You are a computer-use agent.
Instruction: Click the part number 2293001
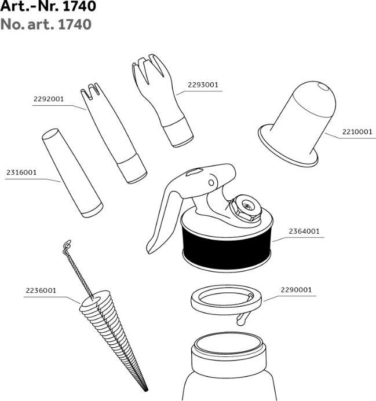pyautogui.click(x=203, y=84)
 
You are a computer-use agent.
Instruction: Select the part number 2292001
pyautogui.click(x=49, y=99)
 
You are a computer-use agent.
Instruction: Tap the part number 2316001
pyautogui.click(x=21, y=172)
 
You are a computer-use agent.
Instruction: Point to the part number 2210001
pyautogui.click(x=357, y=132)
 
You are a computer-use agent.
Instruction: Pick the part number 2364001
pyautogui.click(x=304, y=231)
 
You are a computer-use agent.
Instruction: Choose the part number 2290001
pyautogui.click(x=296, y=290)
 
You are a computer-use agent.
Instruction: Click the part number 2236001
pyautogui.click(x=41, y=290)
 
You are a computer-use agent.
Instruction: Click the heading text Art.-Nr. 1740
pyautogui.click(x=48, y=6)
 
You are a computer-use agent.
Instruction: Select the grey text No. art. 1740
pyautogui.click(x=46, y=24)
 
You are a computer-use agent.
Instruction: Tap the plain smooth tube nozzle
pyautogui.click(x=72, y=173)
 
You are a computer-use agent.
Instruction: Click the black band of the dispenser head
pyautogui.click(x=227, y=249)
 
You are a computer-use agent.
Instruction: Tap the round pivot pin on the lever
pyautogui.click(x=211, y=183)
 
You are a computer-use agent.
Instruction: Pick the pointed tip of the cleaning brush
pyautogui.click(x=147, y=390)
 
